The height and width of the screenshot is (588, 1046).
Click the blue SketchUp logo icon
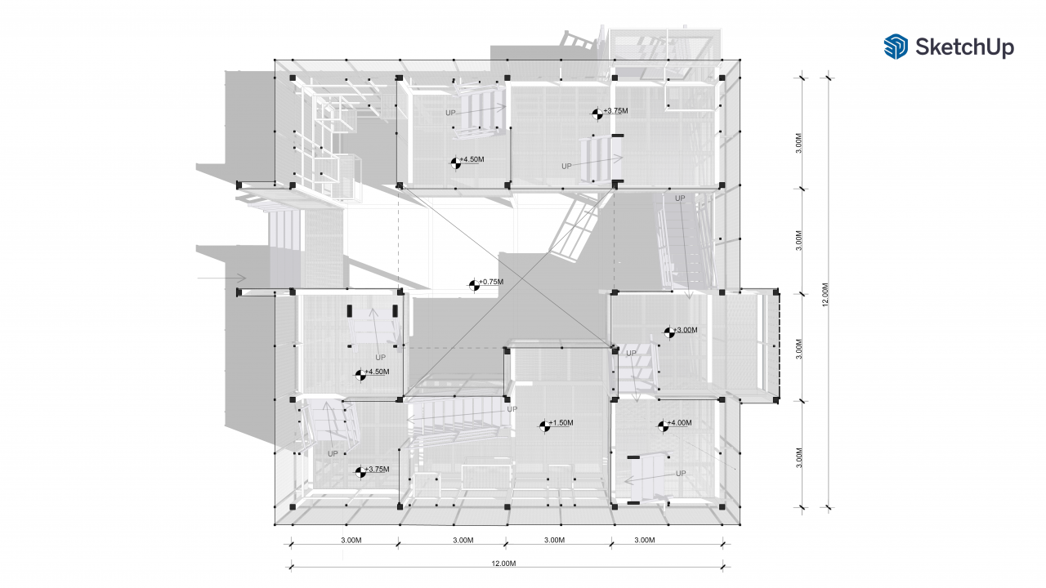click(896, 47)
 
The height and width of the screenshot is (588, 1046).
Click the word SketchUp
click(964, 47)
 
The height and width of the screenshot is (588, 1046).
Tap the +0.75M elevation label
click(492, 282)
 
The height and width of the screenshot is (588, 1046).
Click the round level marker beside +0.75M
click(474, 285)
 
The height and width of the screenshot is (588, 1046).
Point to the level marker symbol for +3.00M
click(668, 332)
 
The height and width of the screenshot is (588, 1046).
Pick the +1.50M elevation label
click(561, 422)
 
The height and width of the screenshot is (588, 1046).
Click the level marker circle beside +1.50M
click(543, 425)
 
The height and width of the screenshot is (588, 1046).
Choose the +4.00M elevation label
click(680, 422)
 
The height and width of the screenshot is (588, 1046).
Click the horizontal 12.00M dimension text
click(504, 563)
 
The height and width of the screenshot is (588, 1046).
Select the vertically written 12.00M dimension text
click(825, 295)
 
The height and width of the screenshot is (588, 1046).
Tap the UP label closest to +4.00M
click(681, 473)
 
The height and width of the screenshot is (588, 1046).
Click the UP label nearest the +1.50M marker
click(512, 409)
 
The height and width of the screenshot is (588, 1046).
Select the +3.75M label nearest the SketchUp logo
click(616, 110)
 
